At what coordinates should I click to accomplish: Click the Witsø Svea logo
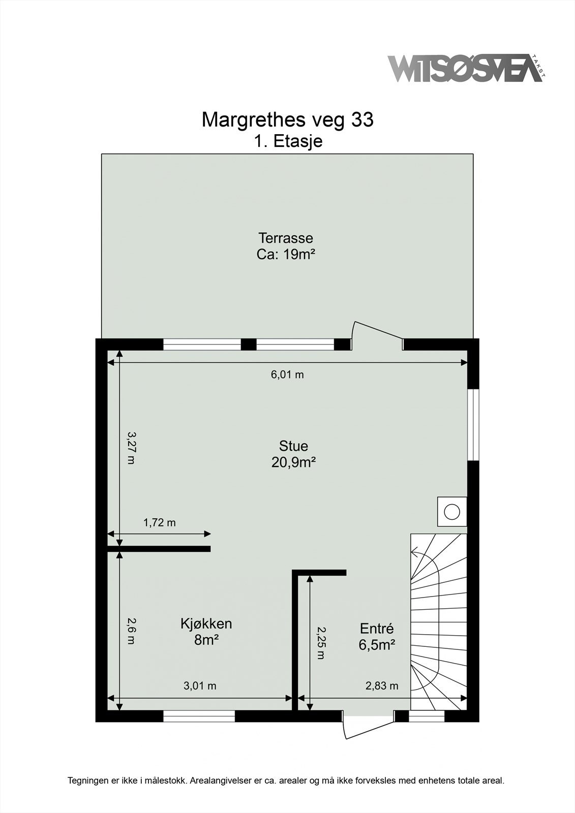[465, 68]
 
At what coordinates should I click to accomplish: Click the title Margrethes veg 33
[287, 120]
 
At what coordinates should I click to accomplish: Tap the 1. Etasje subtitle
[288, 141]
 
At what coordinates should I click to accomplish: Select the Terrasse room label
[285, 238]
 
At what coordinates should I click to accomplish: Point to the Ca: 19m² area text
[286, 254]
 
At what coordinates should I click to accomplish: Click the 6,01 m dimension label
[287, 375]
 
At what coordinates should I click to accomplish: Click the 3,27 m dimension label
[131, 448]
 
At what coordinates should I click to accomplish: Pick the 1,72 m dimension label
[159, 522]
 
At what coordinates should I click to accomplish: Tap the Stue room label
[293, 446]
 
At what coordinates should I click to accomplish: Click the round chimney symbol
[451, 511]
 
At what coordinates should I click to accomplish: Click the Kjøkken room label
[206, 623]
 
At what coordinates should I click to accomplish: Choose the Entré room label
[377, 628]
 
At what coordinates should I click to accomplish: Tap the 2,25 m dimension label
[320, 642]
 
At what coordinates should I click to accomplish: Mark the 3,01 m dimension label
[200, 686]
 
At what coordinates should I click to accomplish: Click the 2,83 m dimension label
[382, 686]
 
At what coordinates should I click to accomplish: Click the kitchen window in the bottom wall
[199, 716]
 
